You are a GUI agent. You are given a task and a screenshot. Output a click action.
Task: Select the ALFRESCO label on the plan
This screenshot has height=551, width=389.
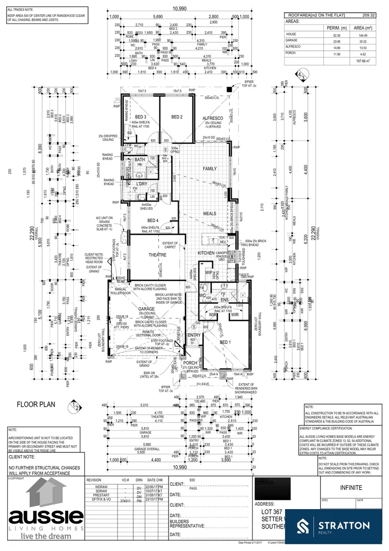click(213, 118)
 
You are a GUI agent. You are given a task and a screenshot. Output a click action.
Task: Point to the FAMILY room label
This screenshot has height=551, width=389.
click(210, 168)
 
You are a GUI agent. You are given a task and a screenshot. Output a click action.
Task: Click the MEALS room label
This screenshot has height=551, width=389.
click(210, 214)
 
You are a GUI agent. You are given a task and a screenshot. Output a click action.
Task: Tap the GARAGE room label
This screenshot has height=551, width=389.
click(146, 309)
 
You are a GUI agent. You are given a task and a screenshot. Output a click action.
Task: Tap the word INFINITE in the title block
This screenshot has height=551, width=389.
click(351, 488)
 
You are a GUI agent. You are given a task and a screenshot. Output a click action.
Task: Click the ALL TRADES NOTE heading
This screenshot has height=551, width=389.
click(21, 10)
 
